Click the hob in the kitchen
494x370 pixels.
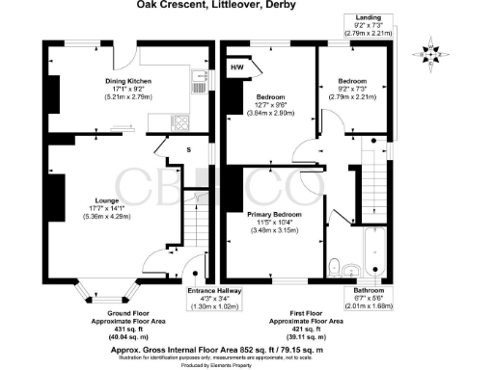coord(179,122)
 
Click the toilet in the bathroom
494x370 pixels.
coord(334,266)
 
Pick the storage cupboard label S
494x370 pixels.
coord(188,148)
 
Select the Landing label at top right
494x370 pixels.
coord(369,17)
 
